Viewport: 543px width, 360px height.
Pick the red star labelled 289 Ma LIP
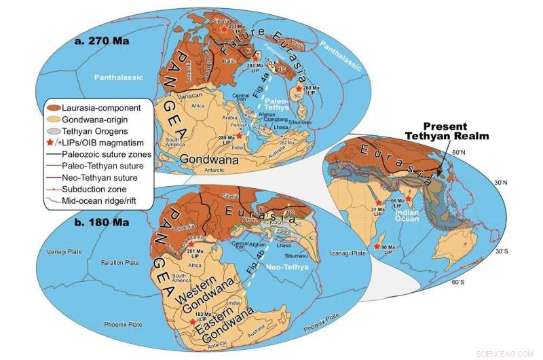click(239, 136)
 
